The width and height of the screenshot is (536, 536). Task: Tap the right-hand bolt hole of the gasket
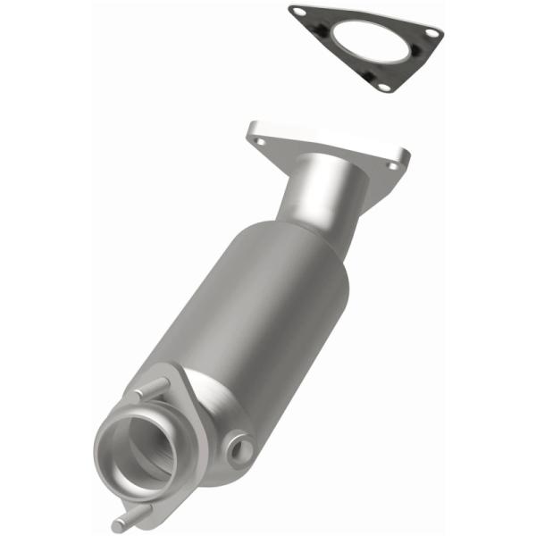pos(431,32)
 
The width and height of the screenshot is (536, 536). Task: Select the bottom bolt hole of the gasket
pos(384,87)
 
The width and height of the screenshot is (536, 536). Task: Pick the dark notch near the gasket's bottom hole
pos(369,77)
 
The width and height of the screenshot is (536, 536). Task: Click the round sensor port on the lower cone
pos(238,448)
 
